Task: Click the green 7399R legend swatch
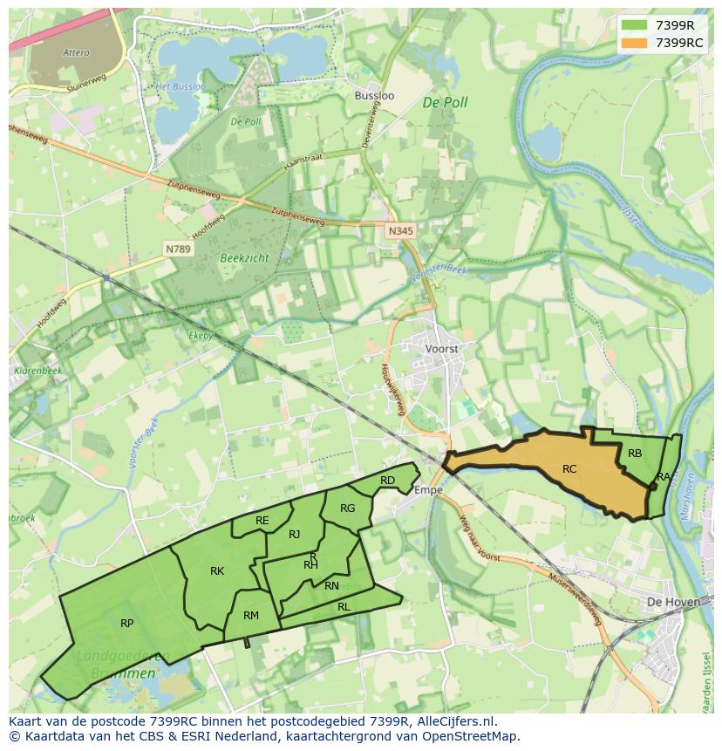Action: (635, 25)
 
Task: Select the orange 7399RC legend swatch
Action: (635, 43)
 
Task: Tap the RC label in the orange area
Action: (569, 469)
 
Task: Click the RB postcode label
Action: (635, 454)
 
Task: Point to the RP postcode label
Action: (127, 624)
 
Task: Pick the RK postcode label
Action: (217, 571)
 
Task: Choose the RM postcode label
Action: (251, 616)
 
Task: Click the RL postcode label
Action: (344, 606)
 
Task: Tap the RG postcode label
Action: (348, 509)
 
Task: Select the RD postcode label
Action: (387, 481)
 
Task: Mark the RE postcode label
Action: (262, 521)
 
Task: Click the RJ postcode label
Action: (294, 535)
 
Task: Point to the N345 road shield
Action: (399, 230)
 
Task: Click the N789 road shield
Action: (178, 249)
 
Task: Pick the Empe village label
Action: (428, 490)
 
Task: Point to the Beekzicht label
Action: (244, 258)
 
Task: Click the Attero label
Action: (76, 53)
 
